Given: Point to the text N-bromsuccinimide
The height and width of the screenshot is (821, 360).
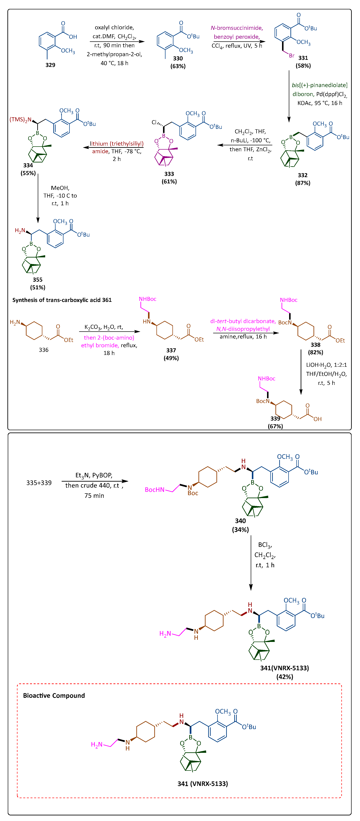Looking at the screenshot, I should pos(237,28).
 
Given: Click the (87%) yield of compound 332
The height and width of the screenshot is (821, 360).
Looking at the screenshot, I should pos(303,183).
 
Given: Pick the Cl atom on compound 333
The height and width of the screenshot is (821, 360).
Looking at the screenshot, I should pos(154,122).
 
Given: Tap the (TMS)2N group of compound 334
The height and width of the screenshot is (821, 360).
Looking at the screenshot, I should pos(20,119).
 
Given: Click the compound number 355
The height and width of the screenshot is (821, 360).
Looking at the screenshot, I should pos(38,279).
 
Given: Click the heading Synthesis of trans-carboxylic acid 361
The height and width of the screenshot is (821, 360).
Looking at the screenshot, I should pos(62,300).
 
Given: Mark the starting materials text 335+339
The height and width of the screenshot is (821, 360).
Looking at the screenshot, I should pos(39,483).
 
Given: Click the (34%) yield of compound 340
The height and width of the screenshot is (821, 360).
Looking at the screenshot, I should pos(240,530).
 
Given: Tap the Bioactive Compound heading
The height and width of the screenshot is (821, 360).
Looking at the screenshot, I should pos(54,695).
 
